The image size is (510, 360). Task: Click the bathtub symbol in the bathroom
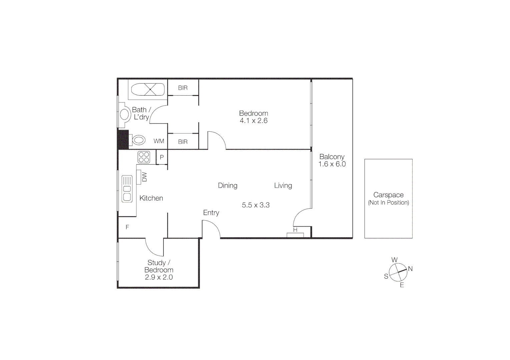(x=148, y=89)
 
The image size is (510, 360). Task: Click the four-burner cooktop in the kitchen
(x=144, y=157)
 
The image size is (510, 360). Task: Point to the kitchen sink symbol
(x=127, y=189)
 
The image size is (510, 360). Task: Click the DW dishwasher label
(x=144, y=177)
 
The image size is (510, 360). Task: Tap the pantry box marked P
(x=162, y=157)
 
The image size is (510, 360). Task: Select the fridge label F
(x=127, y=227)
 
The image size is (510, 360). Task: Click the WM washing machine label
(x=159, y=141)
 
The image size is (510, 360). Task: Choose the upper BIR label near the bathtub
(x=183, y=88)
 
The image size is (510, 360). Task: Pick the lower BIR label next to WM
(x=183, y=142)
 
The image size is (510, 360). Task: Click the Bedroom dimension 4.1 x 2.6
(x=253, y=121)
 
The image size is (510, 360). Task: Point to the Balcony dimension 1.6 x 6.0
(x=332, y=164)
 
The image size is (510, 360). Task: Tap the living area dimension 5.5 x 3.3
(x=256, y=205)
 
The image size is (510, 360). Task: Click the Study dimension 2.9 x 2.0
(x=159, y=277)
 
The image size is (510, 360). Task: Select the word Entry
(x=211, y=213)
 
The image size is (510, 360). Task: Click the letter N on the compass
(x=410, y=269)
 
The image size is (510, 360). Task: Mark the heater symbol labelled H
(x=295, y=234)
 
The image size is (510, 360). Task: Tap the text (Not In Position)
(x=388, y=203)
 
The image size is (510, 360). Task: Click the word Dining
(x=228, y=185)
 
